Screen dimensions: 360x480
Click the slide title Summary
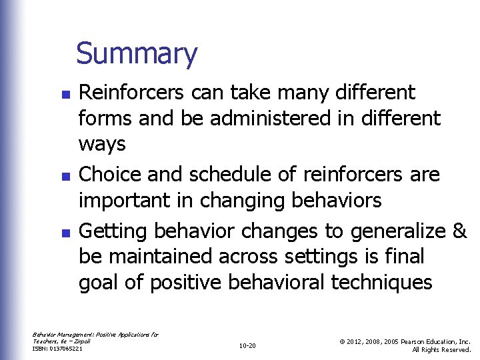click(x=137, y=54)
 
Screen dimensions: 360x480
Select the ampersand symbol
click(x=460, y=231)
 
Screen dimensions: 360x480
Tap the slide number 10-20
click(x=247, y=345)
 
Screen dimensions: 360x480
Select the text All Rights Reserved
click(x=441, y=349)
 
